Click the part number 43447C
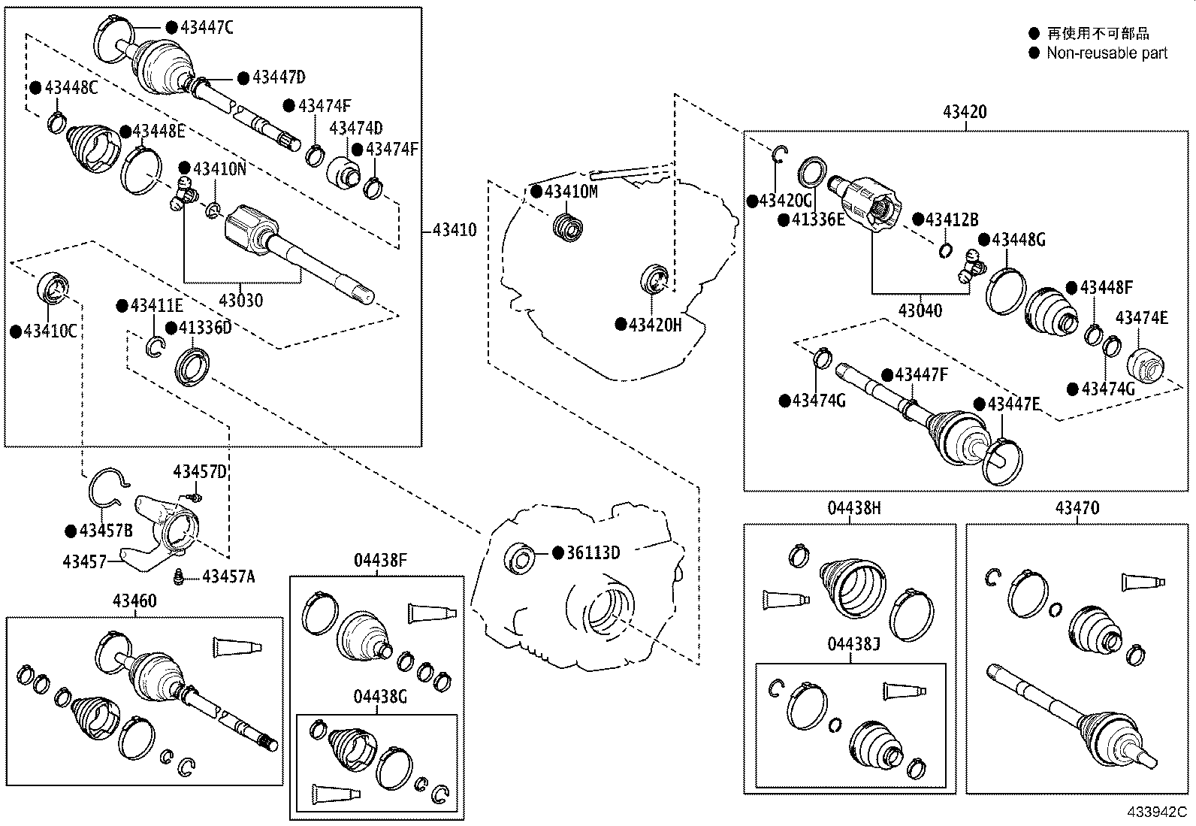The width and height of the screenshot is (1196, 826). pyautogui.click(x=207, y=28)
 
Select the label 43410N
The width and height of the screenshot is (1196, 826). pyautogui.click(x=219, y=168)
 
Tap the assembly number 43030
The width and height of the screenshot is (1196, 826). pyautogui.click(x=240, y=301)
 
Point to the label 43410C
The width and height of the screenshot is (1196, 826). pyautogui.click(x=50, y=331)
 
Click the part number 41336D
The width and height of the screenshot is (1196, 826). pyautogui.click(x=205, y=328)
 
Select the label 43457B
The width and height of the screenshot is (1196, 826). pyautogui.click(x=106, y=531)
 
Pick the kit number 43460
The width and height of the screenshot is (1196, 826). pyautogui.click(x=134, y=601)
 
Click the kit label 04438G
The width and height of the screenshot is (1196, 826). pyautogui.click(x=380, y=697)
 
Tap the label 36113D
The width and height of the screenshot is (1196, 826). pyautogui.click(x=593, y=553)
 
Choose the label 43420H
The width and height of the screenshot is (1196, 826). pyautogui.click(x=655, y=325)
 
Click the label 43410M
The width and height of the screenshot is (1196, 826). pyautogui.click(x=571, y=192)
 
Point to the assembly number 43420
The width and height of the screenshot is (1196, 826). pyautogui.click(x=965, y=112)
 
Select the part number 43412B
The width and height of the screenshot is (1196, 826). pyautogui.click(x=952, y=219)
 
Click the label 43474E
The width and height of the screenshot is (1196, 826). pyautogui.click(x=1141, y=318)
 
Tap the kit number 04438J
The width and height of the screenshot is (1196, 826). pyautogui.click(x=854, y=645)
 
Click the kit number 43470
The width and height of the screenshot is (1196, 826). pyautogui.click(x=1077, y=508)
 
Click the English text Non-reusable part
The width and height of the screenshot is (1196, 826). pyautogui.click(x=1107, y=53)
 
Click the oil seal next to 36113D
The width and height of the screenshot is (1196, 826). pyautogui.click(x=520, y=558)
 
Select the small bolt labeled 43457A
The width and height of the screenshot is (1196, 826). pyautogui.click(x=180, y=576)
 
